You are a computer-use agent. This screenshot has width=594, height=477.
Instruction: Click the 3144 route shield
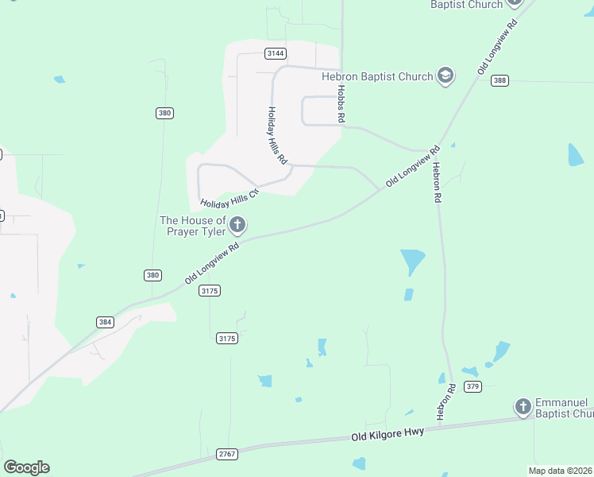[x=276, y=53]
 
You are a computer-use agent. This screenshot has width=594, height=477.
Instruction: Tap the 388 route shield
[x=499, y=81]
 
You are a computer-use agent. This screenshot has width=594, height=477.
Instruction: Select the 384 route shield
[x=105, y=322]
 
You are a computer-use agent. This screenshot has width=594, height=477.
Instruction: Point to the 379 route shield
[x=473, y=386]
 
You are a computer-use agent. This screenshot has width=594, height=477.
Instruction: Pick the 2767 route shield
[x=227, y=454]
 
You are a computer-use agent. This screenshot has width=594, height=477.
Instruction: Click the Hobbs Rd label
[x=341, y=103]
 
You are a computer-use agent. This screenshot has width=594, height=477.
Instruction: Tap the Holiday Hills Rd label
[x=277, y=135]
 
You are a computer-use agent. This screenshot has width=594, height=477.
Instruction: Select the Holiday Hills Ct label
[x=230, y=198]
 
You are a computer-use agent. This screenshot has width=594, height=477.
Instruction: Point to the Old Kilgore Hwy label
[x=388, y=434]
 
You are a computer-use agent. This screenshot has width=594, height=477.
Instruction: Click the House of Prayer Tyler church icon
[x=237, y=226]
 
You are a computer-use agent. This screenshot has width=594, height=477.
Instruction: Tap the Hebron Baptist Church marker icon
[x=445, y=76]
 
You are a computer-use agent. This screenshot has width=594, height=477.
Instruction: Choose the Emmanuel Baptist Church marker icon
[x=523, y=407]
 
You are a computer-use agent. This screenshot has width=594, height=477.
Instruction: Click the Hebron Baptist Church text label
[x=377, y=76]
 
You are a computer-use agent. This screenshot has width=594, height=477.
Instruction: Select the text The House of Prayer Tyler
[x=193, y=226]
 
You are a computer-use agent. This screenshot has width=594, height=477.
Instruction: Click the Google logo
[x=26, y=467]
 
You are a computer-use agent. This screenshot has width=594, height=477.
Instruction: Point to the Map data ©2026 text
[x=561, y=471]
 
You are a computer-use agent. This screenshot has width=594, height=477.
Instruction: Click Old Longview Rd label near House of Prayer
[x=212, y=264]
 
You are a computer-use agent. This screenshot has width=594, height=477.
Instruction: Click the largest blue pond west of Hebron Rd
[x=412, y=261]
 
